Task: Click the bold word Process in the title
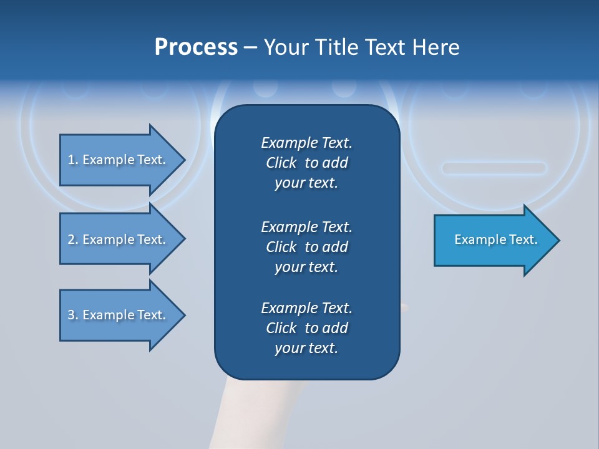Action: click(196, 47)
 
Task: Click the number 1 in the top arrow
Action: click(71, 160)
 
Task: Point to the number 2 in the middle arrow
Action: click(71, 239)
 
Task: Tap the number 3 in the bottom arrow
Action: click(71, 315)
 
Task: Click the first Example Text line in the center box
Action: click(306, 143)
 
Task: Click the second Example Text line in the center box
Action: click(306, 226)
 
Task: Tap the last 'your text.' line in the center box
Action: click(306, 348)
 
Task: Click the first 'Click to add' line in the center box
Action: click(306, 163)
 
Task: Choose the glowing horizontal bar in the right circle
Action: click(494, 167)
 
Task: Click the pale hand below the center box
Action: click(262, 412)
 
